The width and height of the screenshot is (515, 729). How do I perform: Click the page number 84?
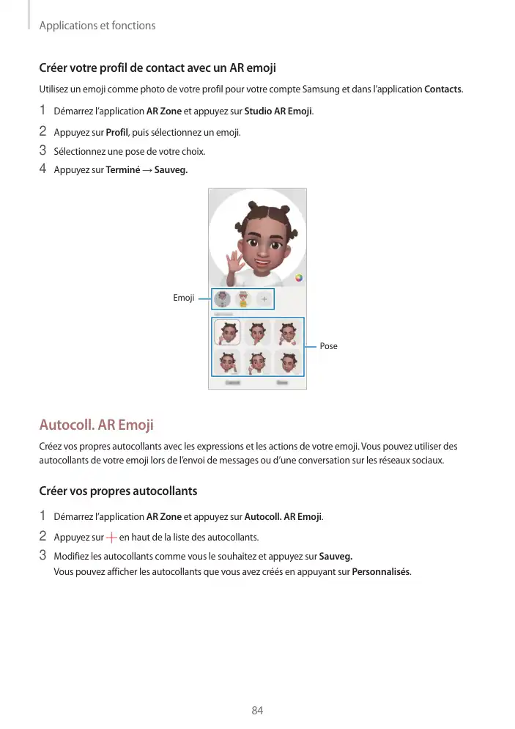[x=257, y=711]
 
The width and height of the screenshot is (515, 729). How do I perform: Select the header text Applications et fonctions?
[x=97, y=26]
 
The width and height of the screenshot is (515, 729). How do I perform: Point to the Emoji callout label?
[x=183, y=298]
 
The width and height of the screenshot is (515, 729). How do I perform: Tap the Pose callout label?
[x=328, y=345]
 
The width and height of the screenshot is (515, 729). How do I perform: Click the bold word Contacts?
[x=442, y=89]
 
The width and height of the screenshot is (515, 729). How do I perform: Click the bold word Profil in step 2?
[x=117, y=133]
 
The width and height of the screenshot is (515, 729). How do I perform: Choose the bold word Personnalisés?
[x=381, y=572]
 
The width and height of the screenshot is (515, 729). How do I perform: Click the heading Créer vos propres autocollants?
[x=118, y=490]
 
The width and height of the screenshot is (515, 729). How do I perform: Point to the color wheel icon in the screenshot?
[x=298, y=278]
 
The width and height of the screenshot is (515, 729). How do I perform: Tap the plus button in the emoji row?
[x=264, y=299]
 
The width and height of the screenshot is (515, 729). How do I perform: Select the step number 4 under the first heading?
[x=42, y=170]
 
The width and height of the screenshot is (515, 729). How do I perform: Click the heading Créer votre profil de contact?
[x=157, y=69]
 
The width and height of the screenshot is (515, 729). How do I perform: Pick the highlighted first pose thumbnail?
[x=227, y=332]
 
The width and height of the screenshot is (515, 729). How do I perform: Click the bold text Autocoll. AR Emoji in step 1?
[x=283, y=516]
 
